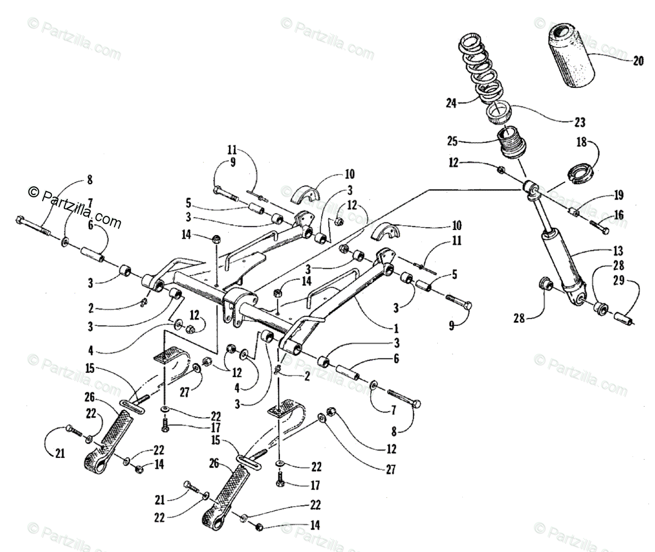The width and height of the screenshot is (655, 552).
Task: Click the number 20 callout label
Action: (x=638, y=61)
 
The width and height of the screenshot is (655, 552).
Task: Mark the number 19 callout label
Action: (x=617, y=196)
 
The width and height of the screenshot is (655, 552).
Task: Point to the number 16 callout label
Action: (x=617, y=216)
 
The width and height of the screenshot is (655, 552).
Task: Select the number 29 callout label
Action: (x=633, y=282)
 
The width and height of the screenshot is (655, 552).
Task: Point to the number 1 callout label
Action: (x=396, y=329)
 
